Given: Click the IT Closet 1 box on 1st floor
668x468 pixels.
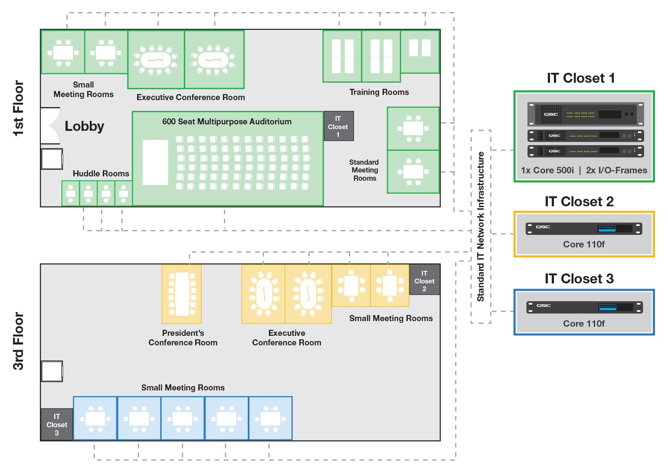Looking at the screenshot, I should click(338, 126).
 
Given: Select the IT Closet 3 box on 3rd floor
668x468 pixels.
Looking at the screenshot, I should click(57, 424).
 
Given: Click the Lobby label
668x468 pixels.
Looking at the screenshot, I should click(84, 126).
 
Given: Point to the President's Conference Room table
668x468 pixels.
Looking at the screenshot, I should click(182, 294).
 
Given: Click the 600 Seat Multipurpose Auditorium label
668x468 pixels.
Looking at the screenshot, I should click(227, 122).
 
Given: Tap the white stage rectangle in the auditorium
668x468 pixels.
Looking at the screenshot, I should click(155, 162).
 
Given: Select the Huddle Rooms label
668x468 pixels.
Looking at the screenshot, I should click(101, 173).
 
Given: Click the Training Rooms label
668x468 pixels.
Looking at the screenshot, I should click(379, 92).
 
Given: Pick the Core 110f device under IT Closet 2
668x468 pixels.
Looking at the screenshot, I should click(583, 228).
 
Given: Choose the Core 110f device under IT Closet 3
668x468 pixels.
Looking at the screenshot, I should click(584, 307).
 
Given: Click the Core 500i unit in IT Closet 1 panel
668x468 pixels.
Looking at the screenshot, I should click(585, 114).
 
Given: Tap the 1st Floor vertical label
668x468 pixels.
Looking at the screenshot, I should click(18, 108).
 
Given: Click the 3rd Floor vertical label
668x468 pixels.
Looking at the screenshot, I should click(18, 341).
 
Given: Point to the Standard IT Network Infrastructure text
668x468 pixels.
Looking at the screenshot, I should click(481, 226).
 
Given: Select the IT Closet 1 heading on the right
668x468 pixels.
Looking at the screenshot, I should click(580, 78).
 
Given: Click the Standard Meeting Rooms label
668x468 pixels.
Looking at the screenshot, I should click(364, 170).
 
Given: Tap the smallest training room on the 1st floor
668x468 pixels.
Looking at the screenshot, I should click(419, 51).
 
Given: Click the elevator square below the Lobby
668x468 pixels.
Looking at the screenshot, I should click(52, 159).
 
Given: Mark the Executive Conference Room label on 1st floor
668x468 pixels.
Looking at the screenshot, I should click(190, 97).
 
